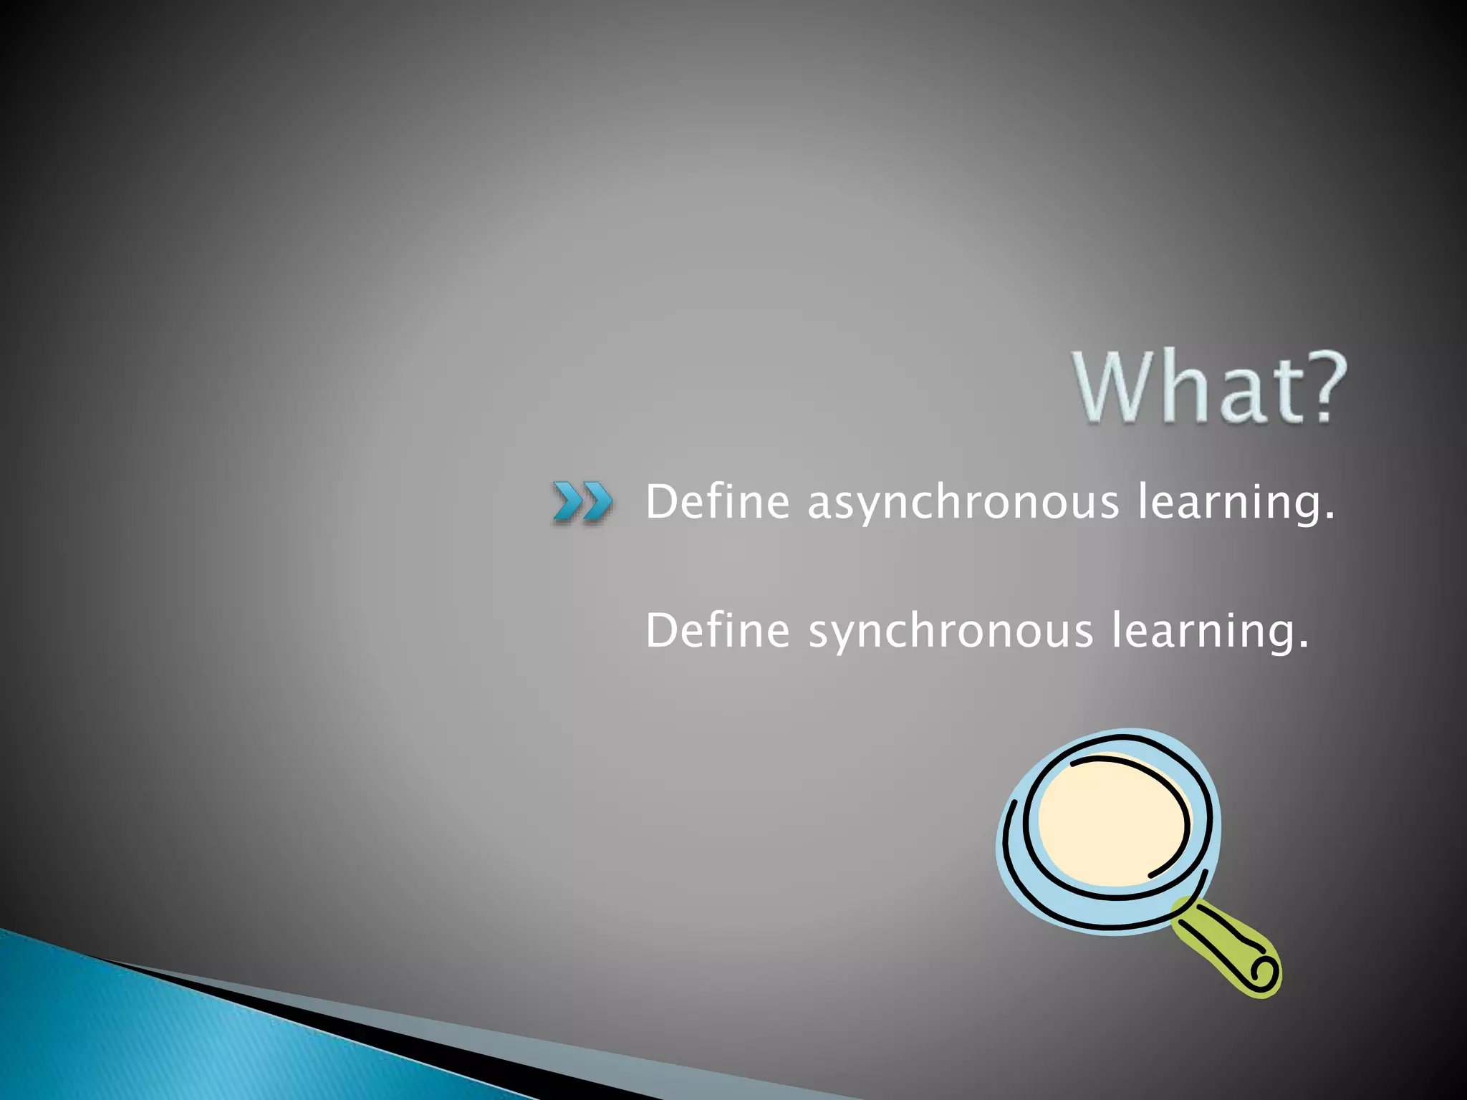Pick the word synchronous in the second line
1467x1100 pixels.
click(x=951, y=632)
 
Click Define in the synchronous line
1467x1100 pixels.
click(x=718, y=630)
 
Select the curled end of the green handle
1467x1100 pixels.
click(x=1262, y=973)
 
